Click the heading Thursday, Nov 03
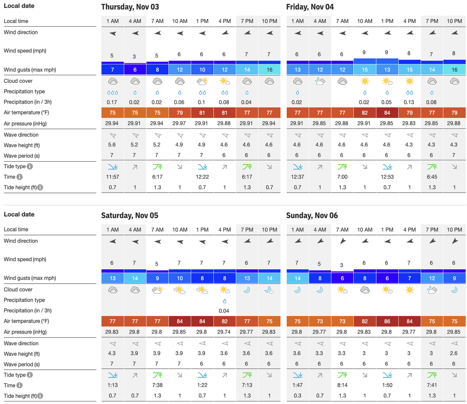(x=130, y=7)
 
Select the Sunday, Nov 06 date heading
(x=312, y=215)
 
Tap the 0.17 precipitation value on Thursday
(x=112, y=102)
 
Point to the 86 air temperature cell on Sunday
(x=387, y=321)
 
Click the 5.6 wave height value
(x=112, y=145)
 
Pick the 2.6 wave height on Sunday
(x=454, y=353)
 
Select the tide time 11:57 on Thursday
(x=113, y=177)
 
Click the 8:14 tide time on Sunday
(x=342, y=385)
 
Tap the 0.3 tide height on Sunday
(x=297, y=396)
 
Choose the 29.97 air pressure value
(x=179, y=123)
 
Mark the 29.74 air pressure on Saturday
(x=224, y=332)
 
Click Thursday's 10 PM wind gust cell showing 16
(x=269, y=70)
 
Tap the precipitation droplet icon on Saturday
(x=224, y=301)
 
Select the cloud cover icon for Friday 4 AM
(x=320, y=81)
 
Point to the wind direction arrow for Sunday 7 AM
(x=342, y=241)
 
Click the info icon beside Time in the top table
(x=19, y=177)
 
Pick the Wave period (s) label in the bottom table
(x=22, y=364)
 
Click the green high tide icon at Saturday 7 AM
(x=157, y=375)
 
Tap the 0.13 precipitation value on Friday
(x=409, y=102)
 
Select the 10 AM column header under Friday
(x=365, y=21)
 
